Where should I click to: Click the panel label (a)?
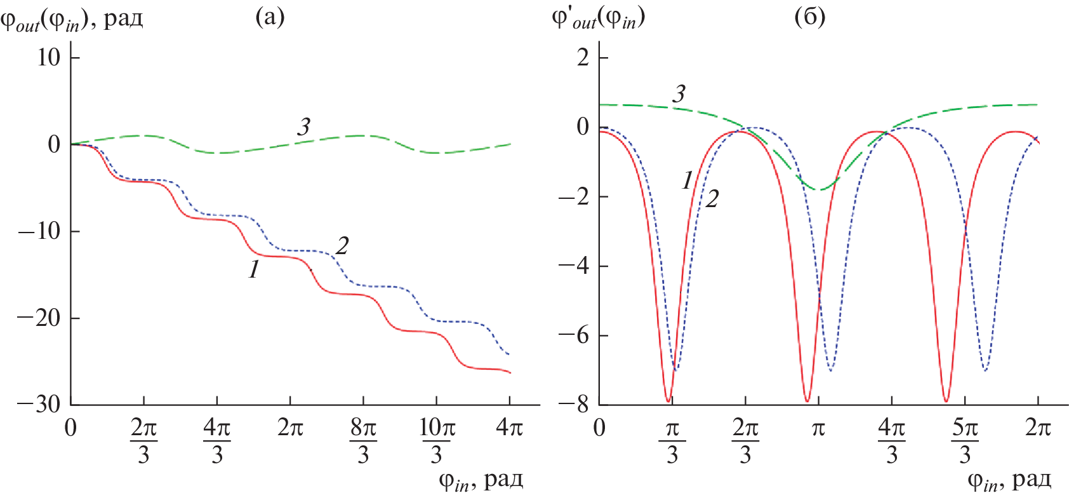click(x=270, y=17)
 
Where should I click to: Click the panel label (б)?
click(x=809, y=17)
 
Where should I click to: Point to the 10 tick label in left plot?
click(x=49, y=58)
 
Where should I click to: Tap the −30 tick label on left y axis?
click(x=39, y=405)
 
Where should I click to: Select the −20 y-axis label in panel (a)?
click(x=39, y=318)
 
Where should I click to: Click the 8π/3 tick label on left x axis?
click(x=363, y=441)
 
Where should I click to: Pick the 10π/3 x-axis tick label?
click(x=437, y=441)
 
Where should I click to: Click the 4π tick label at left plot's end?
click(x=509, y=428)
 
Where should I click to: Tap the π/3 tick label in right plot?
click(x=672, y=441)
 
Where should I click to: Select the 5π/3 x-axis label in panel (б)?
click(x=965, y=441)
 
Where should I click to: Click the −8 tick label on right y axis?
click(x=574, y=405)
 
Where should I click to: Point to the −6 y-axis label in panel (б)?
click(x=574, y=335)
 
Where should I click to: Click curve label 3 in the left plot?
click(x=304, y=127)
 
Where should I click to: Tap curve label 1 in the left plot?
click(x=254, y=270)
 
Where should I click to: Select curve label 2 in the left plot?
click(x=342, y=246)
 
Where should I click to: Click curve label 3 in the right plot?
click(x=679, y=94)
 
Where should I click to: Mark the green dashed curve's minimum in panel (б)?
click(x=820, y=190)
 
